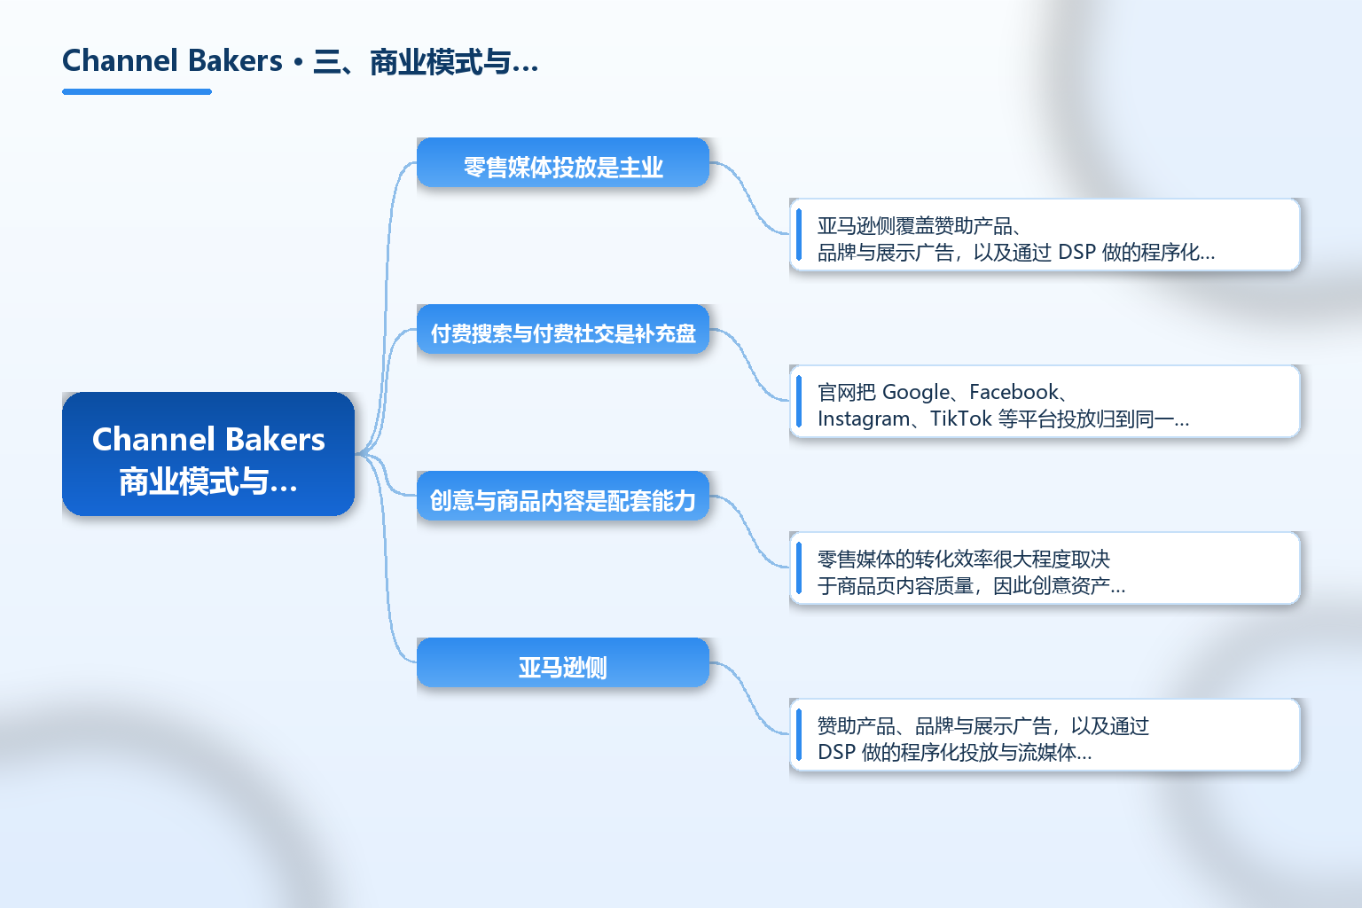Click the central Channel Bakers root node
[208, 454]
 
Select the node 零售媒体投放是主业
[562, 162]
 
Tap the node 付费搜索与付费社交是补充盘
[562, 329]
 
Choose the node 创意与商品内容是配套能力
[562, 496]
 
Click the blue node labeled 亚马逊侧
[562, 662]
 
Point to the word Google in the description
[916, 392]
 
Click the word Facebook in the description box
[1014, 392]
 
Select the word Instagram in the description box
[864, 419]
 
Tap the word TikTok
[960, 419]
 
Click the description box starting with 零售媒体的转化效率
[1045, 568]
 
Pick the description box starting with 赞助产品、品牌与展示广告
[1045, 735]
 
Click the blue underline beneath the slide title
[137, 92]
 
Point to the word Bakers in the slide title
[235, 61]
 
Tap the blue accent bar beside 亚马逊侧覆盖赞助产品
[799, 235]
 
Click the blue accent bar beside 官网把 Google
[799, 402]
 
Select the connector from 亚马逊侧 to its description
[749, 698]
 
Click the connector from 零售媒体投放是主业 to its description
[749, 199]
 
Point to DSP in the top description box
[1076, 252]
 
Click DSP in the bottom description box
[836, 752]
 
